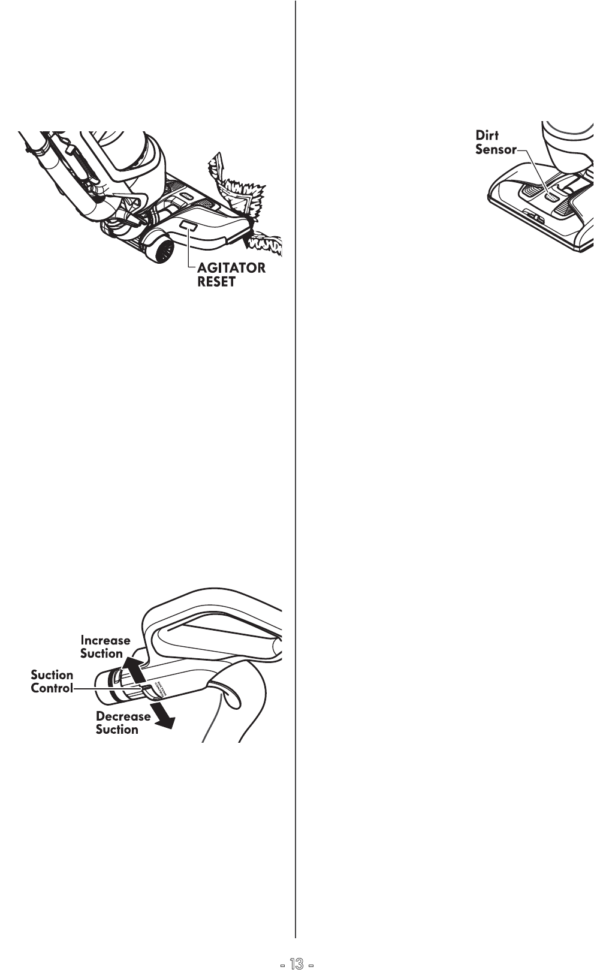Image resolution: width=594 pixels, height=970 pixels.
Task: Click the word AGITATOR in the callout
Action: [231, 268]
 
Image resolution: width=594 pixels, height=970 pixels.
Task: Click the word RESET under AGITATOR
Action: [216, 282]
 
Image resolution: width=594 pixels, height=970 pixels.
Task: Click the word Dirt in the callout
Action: [487, 136]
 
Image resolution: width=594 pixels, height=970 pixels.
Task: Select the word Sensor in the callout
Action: [495, 150]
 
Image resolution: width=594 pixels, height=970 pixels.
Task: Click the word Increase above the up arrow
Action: [105, 640]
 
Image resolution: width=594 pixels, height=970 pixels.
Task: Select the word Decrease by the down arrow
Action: [123, 716]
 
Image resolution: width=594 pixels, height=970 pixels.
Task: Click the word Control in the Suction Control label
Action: [52, 688]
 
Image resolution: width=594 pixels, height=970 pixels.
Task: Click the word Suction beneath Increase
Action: [101, 653]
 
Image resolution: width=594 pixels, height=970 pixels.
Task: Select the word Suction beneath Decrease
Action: [117, 730]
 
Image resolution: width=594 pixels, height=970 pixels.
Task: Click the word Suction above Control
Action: [52, 675]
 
